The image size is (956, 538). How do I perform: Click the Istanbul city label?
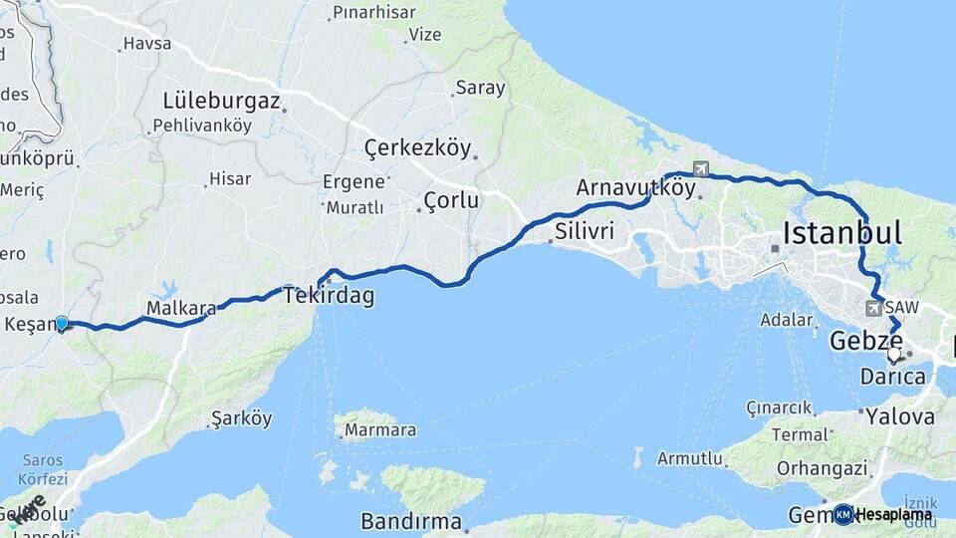click(842, 233)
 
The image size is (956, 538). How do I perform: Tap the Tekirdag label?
click(329, 296)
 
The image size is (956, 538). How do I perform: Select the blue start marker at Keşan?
click(62, 323)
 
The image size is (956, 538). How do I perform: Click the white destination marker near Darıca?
click(893, 354)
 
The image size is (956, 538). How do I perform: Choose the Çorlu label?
click(451, 200)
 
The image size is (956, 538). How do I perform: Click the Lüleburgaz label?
click(222, 102)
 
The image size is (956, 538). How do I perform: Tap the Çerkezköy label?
click(417, 148)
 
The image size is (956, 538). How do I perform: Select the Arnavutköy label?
click(635, 186)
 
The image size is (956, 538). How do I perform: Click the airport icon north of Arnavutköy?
click(702, 169)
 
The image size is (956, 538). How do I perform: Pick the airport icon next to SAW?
click(873, 308)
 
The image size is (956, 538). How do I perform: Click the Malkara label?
click(181, 309)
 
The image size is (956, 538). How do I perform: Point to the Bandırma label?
click(411, 521)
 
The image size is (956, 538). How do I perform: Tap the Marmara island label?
click(379, 430)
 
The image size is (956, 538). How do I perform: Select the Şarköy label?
click(242, 418)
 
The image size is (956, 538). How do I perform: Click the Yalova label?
click(899, 415)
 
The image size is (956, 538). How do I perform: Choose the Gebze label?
click(866, 342)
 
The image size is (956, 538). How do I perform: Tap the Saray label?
click(480, 88)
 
